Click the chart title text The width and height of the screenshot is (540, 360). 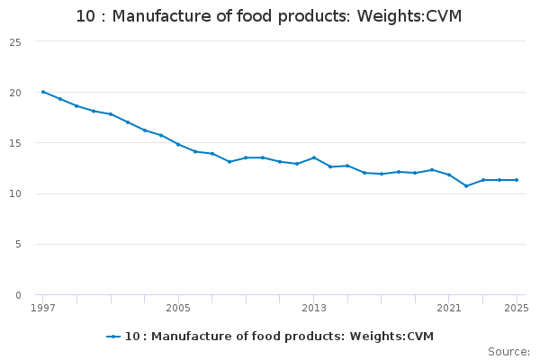coord(269,16)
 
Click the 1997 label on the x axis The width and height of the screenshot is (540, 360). coord(42,308)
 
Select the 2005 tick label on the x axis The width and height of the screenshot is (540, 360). coord(178,308)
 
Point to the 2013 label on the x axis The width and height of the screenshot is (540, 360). coord(314,308)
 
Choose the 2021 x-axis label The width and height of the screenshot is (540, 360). coord(449,308)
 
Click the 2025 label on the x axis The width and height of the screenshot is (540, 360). coord(517,308)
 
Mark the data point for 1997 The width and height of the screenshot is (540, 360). coord(42,92)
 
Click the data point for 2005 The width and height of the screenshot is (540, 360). coord(178,145)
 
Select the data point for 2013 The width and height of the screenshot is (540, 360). coord(314,157)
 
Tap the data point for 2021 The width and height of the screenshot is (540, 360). coord(449,175)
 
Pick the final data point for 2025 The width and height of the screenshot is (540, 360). coord(517,180)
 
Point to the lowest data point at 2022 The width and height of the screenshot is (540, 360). coord(466,186)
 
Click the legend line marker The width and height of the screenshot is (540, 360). coord(113,337)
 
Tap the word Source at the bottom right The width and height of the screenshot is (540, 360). coord(508,351)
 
